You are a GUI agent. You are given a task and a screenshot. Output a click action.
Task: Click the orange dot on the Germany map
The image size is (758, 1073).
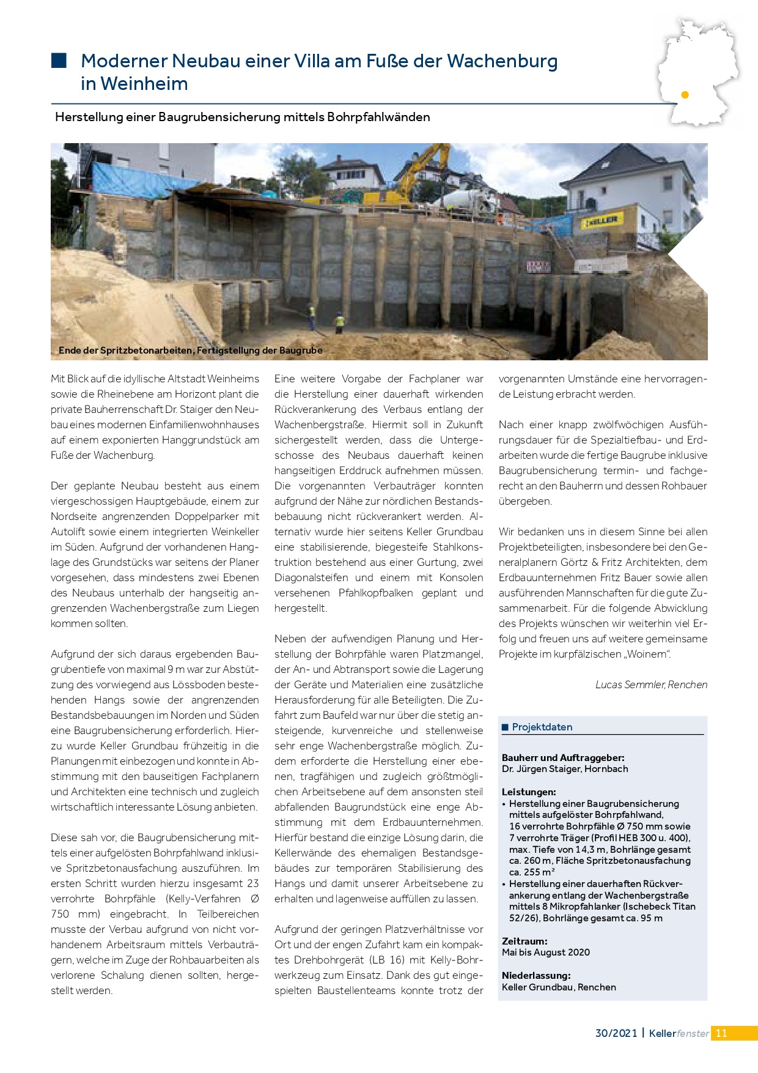tap(685, 95)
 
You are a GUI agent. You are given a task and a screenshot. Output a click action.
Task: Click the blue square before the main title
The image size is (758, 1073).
tap(59, 60)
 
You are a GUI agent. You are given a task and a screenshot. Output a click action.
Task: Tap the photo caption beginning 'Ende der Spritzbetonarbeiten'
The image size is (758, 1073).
tap(190, 351)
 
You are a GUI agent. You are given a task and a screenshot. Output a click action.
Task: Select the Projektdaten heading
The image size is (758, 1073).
tap(542, 727)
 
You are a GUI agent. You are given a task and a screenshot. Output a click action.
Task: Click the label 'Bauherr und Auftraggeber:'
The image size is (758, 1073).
tap(563, 757)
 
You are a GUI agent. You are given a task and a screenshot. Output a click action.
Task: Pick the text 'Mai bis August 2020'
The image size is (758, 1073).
tap(545, 952)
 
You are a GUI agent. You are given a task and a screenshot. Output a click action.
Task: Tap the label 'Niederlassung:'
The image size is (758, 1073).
tap(536, 975)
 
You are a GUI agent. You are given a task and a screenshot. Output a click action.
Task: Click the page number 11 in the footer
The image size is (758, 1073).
tap(721, 1033)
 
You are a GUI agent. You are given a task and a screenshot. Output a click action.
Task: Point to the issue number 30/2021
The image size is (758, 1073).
tap(616, 1033)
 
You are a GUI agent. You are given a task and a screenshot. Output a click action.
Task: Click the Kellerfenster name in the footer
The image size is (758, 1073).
tap(679, 1033)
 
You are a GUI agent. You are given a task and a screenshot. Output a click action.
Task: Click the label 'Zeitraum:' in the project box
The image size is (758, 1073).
tap(524, 941)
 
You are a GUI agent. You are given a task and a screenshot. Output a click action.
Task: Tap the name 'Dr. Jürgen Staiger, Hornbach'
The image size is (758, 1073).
tap(565, 769)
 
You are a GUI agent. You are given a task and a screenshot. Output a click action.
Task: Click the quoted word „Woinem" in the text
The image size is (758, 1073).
tap(647, 654)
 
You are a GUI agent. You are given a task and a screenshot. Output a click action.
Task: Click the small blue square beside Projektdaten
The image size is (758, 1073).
tap(505, 727)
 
